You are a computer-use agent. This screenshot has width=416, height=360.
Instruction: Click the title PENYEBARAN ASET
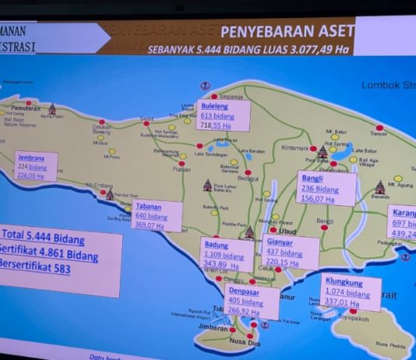[x=288, y=31]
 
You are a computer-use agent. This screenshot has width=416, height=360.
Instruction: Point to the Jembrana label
[x=32, y=157]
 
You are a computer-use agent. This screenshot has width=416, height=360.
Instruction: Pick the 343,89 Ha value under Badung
[x=218, y=265]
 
